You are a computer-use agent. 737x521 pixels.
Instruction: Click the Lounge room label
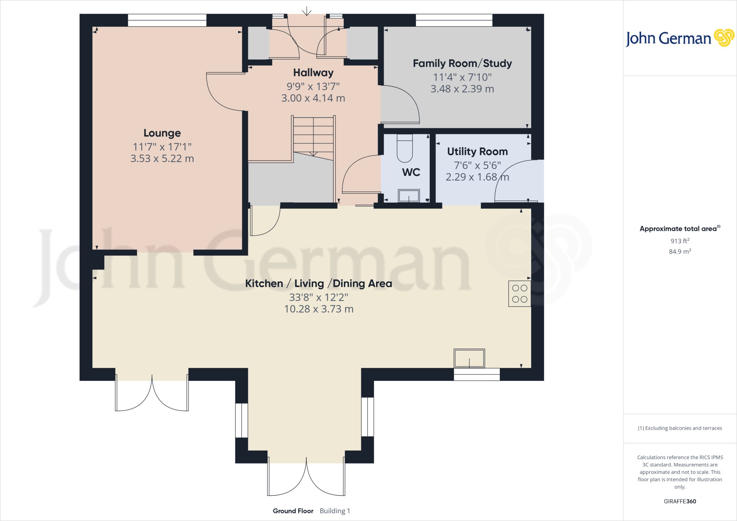click(x=162, y=133)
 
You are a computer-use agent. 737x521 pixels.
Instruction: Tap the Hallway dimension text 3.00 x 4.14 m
click(x=313, y=98)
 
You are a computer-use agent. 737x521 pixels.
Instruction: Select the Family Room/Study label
click(x=462, y=64)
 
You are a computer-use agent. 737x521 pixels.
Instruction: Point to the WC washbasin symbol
click(x=409, y=196)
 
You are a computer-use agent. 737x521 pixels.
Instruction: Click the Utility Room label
click(x=477, y=151)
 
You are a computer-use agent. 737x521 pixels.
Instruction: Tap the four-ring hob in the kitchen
click(x=519, y=294)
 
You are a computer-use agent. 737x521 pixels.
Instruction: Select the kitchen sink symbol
click(x=469, y=358)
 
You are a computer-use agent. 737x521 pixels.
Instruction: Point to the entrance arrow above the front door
click(x=307, y=12)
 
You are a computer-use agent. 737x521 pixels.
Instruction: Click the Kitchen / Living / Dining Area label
click(x=318, y=284)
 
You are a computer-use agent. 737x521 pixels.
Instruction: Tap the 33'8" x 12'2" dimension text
click(x=318, y=297)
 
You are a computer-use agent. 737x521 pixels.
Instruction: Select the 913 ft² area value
click(x=679, y=241)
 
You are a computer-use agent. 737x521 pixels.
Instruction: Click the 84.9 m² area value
click(x=679, y=252)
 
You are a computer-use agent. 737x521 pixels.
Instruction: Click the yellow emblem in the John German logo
click(x=724, y=38)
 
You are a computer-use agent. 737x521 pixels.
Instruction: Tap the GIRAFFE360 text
click(x=679, y=501)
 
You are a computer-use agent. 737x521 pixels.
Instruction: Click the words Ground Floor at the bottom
click(x=293, y=511)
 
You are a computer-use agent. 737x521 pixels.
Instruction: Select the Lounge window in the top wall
click(x=167, y=20)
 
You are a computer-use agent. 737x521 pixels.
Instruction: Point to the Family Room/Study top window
click(x=454, y=20)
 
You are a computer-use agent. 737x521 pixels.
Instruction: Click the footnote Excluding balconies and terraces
click(x=679, y=428)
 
